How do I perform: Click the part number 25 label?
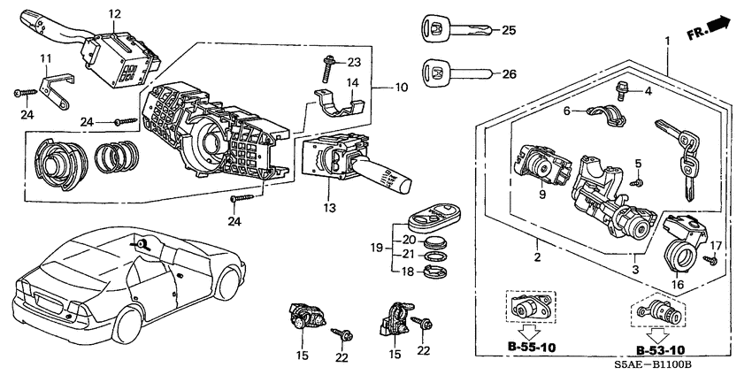click(x=508, y=31)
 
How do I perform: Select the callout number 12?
click(x=114, y=14)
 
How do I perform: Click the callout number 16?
click(x=679, y=286)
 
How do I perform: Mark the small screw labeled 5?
click(x=635, y=181)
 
